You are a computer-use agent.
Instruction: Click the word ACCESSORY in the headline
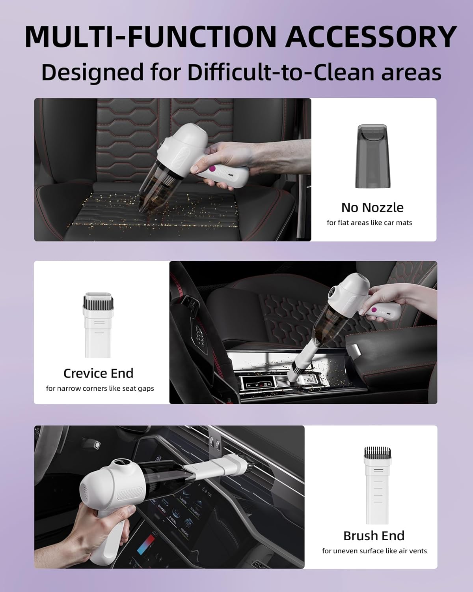pos(371,37)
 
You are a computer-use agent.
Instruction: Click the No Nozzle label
pos(372,208)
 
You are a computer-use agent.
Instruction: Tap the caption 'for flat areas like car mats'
pos(369,223)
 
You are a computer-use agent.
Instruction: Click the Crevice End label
pos(98,373)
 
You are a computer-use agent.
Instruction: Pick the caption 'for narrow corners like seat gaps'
pos(100,388)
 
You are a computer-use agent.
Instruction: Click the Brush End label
pos(374,536)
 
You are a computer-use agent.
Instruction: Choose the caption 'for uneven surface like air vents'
pos(374,551)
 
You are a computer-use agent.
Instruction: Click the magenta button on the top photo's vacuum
pos(213,169)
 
